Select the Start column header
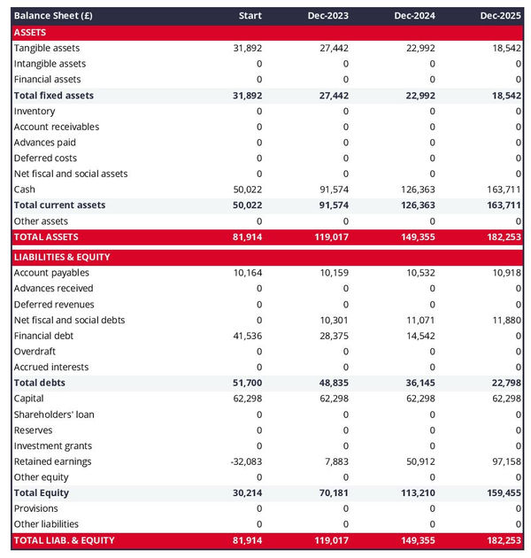point(250,16)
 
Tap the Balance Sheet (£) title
point(53,16)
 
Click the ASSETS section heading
point(30,32)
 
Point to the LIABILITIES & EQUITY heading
point(61,257)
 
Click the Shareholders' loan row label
point(54,415)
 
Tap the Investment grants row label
point(52,446)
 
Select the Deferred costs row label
point(45,158)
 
